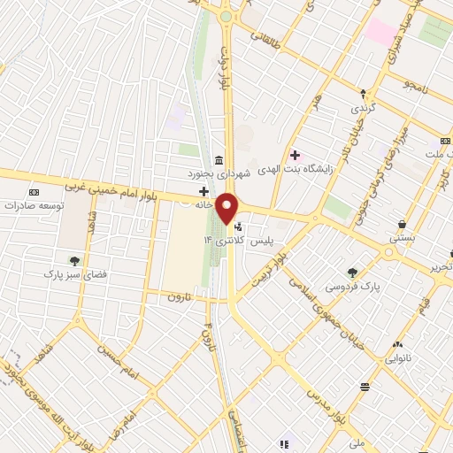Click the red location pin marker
[x=228, y=209]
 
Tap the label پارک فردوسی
[x=349, y=287]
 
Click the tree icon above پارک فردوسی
[x=353, y=273]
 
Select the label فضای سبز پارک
[x=75, y=275]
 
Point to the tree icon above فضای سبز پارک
[x=74, y=260]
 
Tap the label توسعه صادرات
[x=35, y=205]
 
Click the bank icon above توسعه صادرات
[x=35, y=192]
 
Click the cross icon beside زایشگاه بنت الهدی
[x=295, y=155]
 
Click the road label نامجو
[x=416, y=84]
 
